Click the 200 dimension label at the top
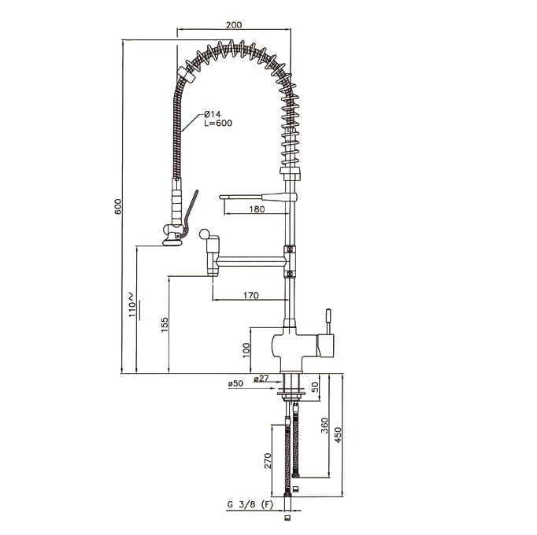[x=234, y=25]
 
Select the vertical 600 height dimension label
[x=118, y=206]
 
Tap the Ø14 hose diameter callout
[x=213, y=114]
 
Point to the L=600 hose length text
[x=218, y=123]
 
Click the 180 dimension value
[x=257, y=208]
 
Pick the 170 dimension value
[x=251, y=295]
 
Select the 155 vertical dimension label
[x=165, y=324]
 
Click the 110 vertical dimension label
[x=132, y=305]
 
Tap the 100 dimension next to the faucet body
[x=246, y=350]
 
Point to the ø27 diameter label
[x=261, y=378]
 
